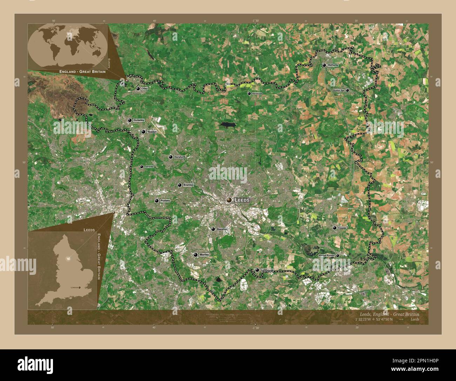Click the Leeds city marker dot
click(229, 200)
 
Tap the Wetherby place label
click(333, 65)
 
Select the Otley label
click(145, 89)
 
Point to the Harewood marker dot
click(249, 93)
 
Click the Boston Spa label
click(338, 90)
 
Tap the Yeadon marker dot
click(143, 132)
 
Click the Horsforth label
click(180, 157)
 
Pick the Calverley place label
click(149, 167)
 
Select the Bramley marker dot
click(180, 185)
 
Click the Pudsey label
click(165, 201)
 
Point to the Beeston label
click(222, 229)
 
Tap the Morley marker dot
click(195, 254)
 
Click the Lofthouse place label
click(267, 270)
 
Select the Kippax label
click(342, 228)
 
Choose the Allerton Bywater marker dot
click(337, 256)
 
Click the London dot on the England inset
click(79, 288)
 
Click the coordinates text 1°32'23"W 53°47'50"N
click(374, 319)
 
